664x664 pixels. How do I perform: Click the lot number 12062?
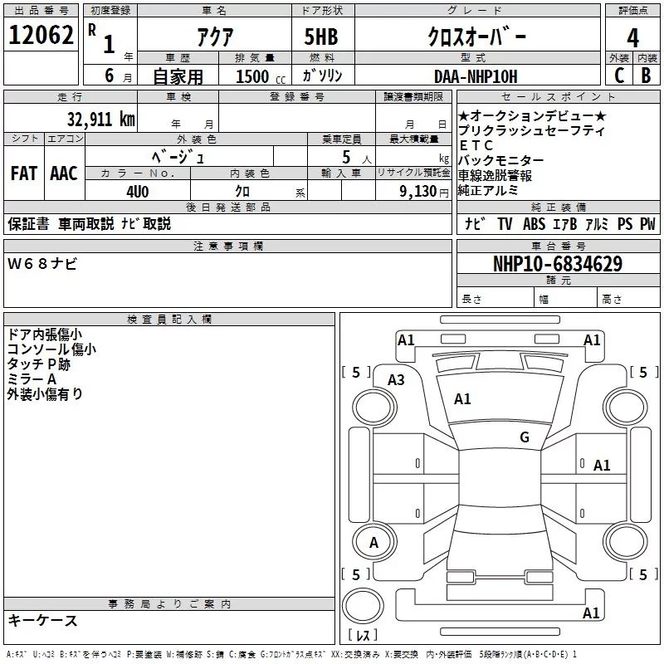[x=41, y=35]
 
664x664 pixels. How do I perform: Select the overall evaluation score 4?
[x=633, y=37]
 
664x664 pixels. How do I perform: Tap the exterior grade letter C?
[x=619, y=76]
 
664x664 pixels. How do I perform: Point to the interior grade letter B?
[x=646, y=76]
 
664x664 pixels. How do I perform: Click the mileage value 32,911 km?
[x=101, y=120]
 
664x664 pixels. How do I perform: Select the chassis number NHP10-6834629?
[x=558, y=264]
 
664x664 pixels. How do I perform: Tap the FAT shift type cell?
[x=24, y=173]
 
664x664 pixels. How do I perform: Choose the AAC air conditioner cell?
[x=64, y=173]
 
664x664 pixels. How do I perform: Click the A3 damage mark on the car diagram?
[x=396, y=379]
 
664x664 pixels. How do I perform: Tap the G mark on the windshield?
[x=524, y=437]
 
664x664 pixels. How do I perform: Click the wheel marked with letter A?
[x=373, y=543]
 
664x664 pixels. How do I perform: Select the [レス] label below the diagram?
[x=364, y=636]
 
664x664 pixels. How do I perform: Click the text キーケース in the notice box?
[x=42, y=620]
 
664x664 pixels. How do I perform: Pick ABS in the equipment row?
[x=534, y=223]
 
